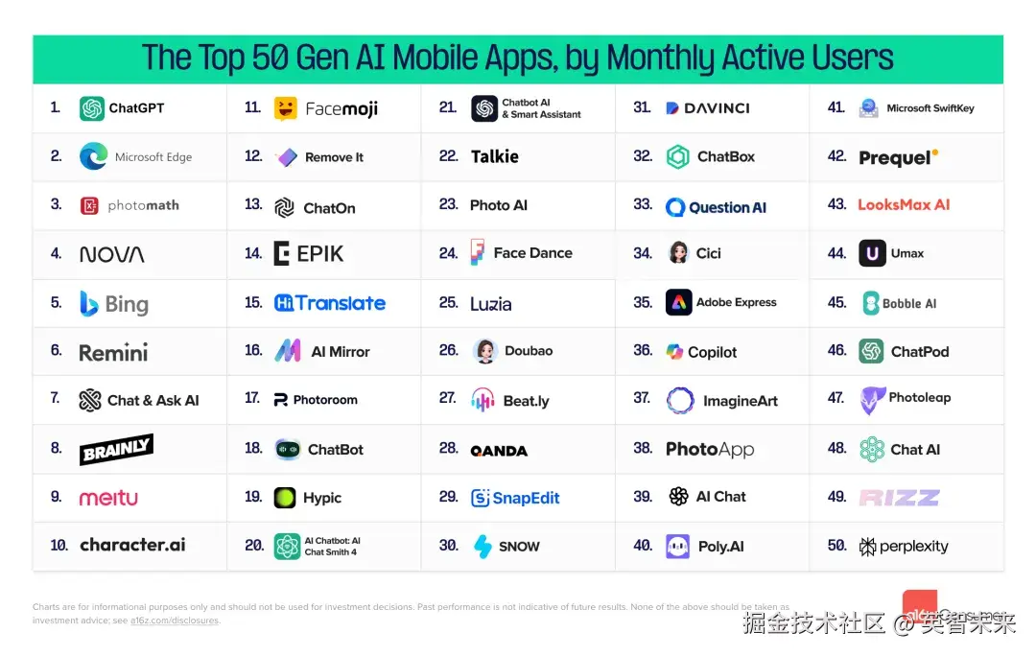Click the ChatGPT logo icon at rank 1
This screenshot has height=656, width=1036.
[x=92, y=108]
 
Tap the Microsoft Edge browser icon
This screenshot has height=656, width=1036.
[x=93, y=156]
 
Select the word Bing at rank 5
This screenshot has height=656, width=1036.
[x=127, y=304]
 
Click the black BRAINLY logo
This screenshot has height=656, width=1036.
[x=116, y=449]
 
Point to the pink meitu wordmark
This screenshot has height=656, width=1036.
[x=108, y=498]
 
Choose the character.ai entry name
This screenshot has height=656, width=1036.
[x=132, y=545]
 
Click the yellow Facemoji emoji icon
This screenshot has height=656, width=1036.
[x=285, y=108]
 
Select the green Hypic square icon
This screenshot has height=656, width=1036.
[x=285, y=498]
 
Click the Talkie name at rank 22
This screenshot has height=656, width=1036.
[x=495, y=156]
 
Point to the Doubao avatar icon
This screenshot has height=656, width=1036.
[x=485, y=351]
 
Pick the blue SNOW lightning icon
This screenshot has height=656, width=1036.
[x=483, y=546]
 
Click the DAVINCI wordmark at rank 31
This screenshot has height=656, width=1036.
[x=709, y=108]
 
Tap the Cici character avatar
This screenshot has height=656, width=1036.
[x=679, y=253]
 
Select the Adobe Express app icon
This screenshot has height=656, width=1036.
[x=678, y=302]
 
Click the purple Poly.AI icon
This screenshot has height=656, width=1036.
[x=678, y=546]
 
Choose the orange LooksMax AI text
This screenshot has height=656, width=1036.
[x=904, y=204]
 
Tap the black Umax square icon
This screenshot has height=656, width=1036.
[x=872, y=253]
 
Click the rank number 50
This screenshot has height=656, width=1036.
[x=836, y=546]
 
